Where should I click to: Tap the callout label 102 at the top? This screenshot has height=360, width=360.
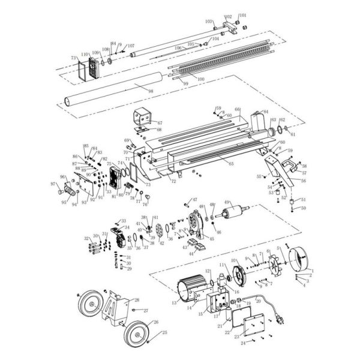click(228, 17)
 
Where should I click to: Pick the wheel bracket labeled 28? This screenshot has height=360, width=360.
click(116, 311)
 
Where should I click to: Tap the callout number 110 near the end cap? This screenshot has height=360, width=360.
click(85, 53)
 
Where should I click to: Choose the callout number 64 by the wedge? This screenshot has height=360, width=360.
click(265, 112)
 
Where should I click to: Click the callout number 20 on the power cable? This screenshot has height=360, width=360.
click(258, 302)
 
